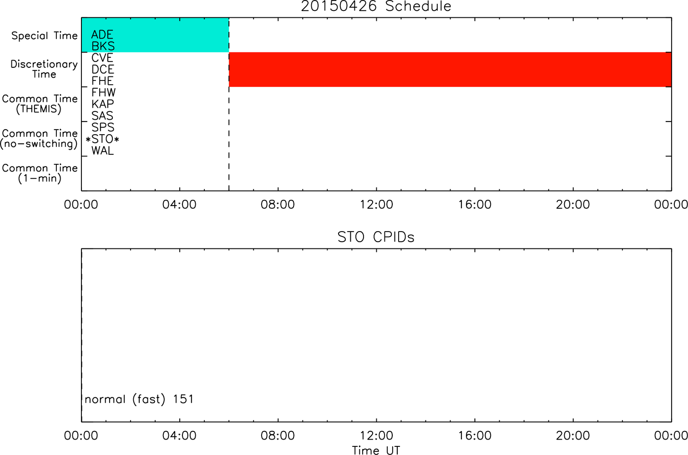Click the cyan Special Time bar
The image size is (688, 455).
pos(155,35)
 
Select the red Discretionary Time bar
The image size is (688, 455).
pos(450,70)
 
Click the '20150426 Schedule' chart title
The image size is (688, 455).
pos(376,6)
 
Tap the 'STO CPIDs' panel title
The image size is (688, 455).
pos(376,237)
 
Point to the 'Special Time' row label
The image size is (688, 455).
pos(45,35)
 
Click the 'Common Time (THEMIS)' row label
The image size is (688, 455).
pos(40,104)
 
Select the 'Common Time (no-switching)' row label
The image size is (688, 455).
pos(39,139)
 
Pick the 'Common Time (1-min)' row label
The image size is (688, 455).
pos(40,173)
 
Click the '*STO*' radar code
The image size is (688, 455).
pos(102,139)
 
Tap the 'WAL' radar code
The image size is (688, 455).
pos(102,151)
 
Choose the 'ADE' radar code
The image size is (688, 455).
pos(102,35)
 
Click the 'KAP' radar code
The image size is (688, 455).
pos(102,104)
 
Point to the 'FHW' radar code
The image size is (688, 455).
pos(103,92)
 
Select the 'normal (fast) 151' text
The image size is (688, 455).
pos(139,399)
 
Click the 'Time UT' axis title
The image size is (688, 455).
pos(376,450)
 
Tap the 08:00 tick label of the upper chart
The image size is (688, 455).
pos(278,204)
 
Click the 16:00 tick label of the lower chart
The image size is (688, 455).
pos(475,435)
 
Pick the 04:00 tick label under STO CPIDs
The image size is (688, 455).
pos(179,435)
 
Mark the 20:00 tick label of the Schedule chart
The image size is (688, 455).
pos(573,204)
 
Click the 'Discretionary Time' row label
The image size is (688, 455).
pos(44,69)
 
